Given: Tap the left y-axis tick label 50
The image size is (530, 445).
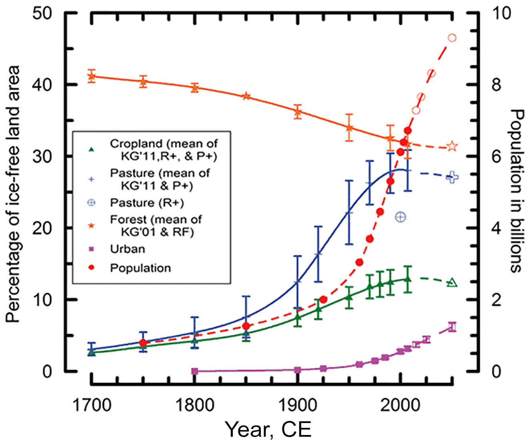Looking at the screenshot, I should coord(42,13).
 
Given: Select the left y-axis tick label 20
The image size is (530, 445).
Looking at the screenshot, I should coord(42,228).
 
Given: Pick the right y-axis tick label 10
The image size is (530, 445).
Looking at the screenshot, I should coord(501,13).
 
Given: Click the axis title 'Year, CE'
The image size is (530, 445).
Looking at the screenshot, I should coord(268,429).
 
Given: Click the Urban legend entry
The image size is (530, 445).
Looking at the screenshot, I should coord(128,249).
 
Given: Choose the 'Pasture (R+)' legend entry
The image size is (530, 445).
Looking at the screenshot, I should coord(147,203).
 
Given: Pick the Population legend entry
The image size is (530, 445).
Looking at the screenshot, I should coord(140,268).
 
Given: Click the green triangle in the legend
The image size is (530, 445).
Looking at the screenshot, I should coord(91,150).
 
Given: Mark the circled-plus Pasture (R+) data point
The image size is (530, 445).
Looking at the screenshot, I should coord(400,217).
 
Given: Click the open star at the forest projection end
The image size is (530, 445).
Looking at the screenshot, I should coord(452,146).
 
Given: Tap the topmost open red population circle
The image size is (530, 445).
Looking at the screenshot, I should coord(452,38).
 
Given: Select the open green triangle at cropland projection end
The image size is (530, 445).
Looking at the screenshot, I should coord(452,283).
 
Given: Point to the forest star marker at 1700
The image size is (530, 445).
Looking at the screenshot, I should coord(92,76).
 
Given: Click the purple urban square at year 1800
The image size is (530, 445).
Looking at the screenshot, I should coord(195,371).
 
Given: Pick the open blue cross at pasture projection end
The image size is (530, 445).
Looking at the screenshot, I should coord(452,177).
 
